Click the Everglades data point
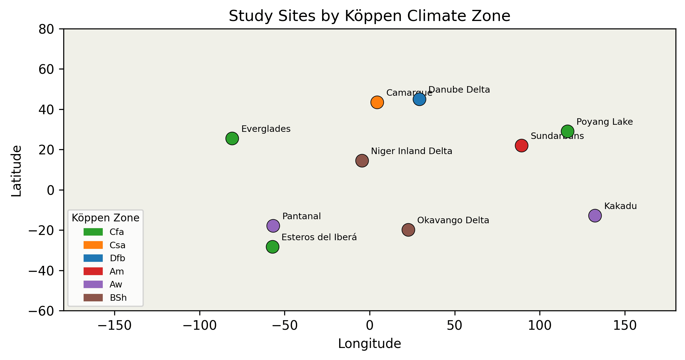tap(232, 138)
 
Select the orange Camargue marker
tap(377, 102)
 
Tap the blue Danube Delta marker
tap(419, 99)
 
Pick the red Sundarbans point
tap(521, 145)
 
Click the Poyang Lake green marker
tap(567, 131)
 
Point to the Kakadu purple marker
tap(595, 216)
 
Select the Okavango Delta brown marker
tap(408, 230)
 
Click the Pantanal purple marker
tap(273, 226)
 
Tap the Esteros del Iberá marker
tap(272, 247)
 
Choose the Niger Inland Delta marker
tap(362, 161)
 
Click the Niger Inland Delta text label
tap(411, 151)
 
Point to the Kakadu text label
tap(620, 206)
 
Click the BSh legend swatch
tap(93, 298)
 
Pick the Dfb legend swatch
tap(93, 258)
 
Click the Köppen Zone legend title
tap(106, 218)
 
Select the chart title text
tap(369, 16)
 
